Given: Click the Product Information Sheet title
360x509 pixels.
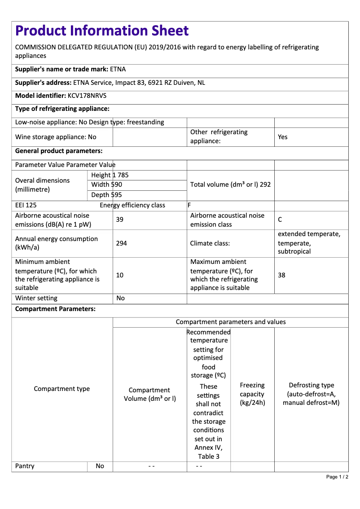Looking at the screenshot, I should coord(102,31).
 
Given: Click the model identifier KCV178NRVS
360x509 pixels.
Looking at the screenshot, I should coord(87,96).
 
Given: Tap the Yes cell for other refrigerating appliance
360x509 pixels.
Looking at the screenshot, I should coord(283,137).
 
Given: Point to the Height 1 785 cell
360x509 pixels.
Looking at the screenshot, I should coord(110,175).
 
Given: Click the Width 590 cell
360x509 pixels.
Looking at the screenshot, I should coord(107,184).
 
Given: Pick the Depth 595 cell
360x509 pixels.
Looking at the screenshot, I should coord(107,195).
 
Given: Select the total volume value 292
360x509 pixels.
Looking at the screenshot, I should coord(265,184).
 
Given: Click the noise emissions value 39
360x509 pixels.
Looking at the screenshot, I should coord(120,219).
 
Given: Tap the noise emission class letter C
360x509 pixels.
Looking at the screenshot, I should coord(280,219).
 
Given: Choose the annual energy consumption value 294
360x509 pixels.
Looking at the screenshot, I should coord(121,243).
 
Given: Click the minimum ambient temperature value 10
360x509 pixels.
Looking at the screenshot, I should coord(120,275).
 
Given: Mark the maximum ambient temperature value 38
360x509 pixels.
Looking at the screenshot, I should coord(281,275).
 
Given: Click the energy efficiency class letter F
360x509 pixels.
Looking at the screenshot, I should coord(189,205).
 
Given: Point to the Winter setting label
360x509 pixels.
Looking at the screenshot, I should coord(36,298).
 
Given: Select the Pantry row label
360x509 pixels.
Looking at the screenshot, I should coord(25,466).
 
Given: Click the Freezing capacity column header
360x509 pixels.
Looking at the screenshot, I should coord(252,394).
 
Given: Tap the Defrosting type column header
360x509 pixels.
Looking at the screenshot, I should coord(311,394).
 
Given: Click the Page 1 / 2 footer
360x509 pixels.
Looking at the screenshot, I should coord(337,477).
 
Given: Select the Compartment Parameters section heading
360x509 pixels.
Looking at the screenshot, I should coord(55,309).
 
